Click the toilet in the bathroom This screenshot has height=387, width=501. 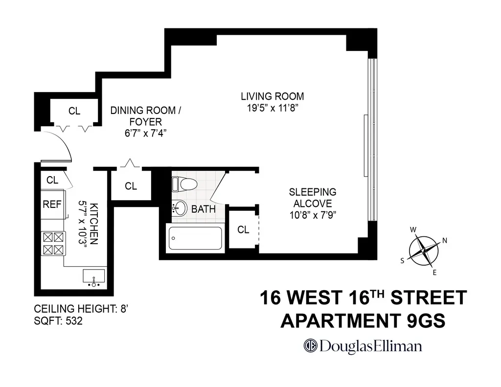click(x=184, y=184)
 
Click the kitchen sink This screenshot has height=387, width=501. click(x=94, y=276)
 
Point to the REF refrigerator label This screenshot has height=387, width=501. click(x=52, y=205)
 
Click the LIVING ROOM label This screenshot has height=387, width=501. click(x=272, y=96)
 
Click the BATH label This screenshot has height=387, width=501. click(x=203, y=209)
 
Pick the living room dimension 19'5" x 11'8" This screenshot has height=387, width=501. click(x=272, y=108)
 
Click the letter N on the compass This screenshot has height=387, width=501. click(x=444, y=240)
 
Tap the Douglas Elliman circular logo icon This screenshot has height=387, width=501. click(x=310, y=345)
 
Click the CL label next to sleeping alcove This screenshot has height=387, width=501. click(x=243, y=229)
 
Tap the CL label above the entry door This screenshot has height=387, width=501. click(x=74, y=111)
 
